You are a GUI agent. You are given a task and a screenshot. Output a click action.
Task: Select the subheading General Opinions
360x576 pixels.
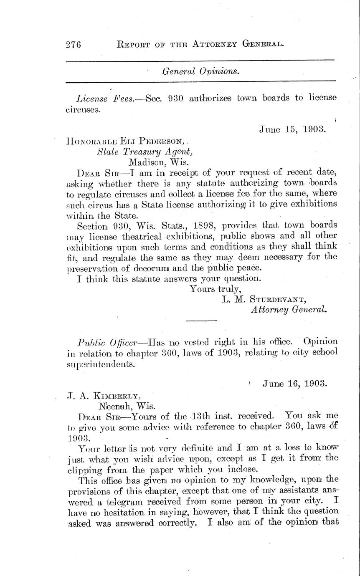point(201,71)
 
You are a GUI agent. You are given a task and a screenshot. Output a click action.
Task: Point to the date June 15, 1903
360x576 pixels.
point(292,129)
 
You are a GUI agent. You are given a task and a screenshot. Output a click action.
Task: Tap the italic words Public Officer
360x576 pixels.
point(108,341)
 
